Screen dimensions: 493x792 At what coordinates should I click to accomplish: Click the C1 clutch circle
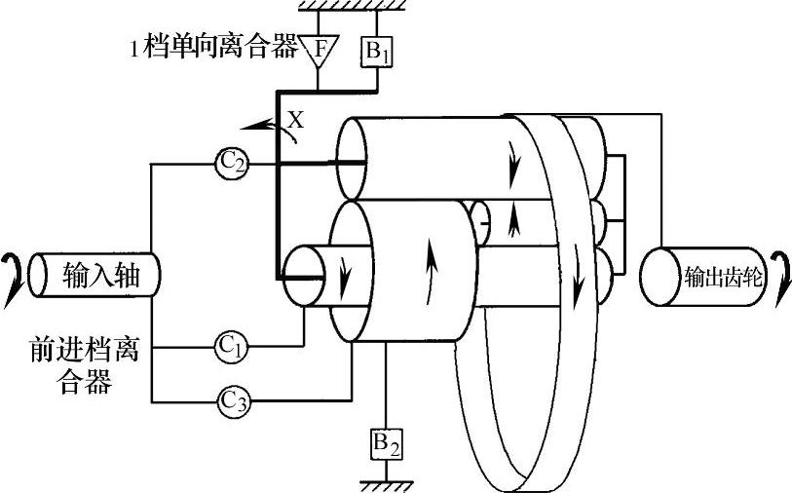230,345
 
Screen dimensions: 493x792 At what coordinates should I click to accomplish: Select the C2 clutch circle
230,165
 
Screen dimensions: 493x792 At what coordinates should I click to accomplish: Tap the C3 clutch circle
230,400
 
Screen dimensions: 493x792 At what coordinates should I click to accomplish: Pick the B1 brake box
375,52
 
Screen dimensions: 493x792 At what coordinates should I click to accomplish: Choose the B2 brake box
386,443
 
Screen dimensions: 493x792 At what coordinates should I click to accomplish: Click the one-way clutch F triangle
319,46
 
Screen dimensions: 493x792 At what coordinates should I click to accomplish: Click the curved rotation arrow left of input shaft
13,276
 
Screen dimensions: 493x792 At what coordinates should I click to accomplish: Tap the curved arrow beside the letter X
261,124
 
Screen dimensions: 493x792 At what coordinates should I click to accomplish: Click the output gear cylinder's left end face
654,276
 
